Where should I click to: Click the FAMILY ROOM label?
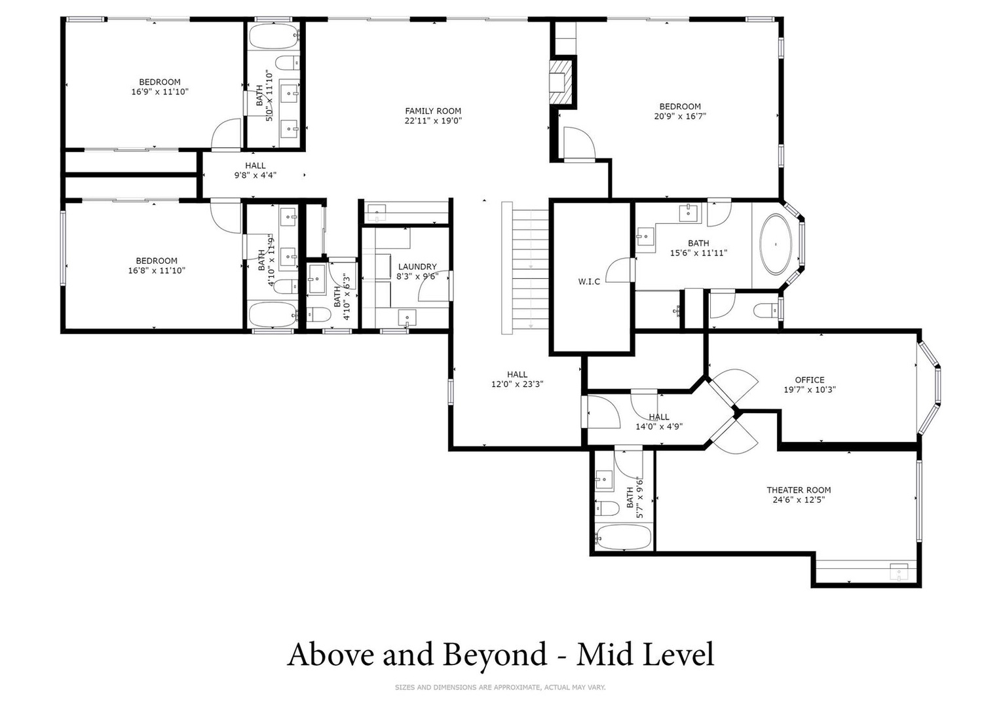[433, 111]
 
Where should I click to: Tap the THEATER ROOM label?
[799, 490]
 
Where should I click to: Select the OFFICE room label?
[810, 380]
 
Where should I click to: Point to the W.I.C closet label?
[589, 281]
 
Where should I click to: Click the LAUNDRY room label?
[417, 266]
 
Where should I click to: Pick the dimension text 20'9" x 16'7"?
[680, 116]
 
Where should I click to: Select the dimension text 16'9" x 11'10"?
[160, 92]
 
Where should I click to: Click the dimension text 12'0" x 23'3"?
[517, 384]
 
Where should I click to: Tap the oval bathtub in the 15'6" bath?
[776, 244]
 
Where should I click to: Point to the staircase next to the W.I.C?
[525, 268]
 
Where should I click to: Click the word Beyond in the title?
[495, 654]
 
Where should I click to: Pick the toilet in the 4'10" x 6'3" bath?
[319, 314]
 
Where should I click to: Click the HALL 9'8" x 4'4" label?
[255, 170]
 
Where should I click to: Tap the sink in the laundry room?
[407, 318]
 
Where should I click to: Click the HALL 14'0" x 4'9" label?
[659, 422]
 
